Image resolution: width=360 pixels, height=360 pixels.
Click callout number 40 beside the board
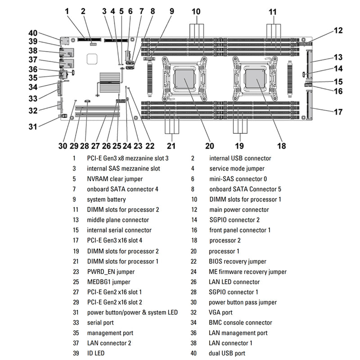pos(32,33)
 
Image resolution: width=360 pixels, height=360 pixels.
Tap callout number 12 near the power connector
pos(338,31)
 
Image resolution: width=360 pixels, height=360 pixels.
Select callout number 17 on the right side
pos(338,112)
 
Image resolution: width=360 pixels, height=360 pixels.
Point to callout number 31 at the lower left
pos(32,126)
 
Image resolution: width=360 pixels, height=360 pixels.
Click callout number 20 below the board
pos(210,145)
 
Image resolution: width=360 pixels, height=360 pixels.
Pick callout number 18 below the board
pos(281,145)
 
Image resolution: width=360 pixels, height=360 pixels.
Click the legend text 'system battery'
pos(106,199)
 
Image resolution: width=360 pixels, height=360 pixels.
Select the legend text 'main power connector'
pos(239,210)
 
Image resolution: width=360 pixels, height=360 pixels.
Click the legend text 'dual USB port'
pos(227,354)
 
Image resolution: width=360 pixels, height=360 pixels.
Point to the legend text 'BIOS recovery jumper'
pos(237,261)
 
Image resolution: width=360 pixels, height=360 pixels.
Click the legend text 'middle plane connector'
pos(118,220)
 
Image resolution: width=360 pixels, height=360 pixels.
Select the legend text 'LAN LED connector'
pos(234,282)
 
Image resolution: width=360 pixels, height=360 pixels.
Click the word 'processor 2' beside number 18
pos(225,241)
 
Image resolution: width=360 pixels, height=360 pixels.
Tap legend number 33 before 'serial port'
pos(73,323)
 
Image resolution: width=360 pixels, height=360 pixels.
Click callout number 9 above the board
pos(171,11)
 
